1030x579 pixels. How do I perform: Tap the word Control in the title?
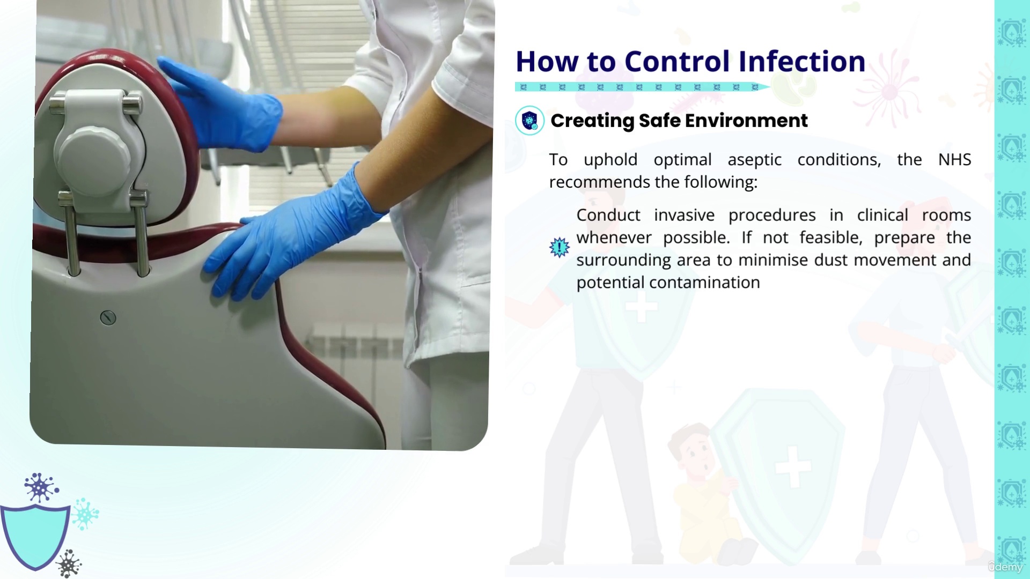(678, 61)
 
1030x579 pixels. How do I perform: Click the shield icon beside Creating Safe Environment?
(529, 121)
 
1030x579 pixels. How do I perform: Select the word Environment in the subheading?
(746, 121)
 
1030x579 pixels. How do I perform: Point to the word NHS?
(954, 159)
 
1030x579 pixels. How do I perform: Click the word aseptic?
(754, 160)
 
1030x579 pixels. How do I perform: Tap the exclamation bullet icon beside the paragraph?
(560, 248)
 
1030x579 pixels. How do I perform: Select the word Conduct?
(608, 215)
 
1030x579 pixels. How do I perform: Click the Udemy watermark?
(1005, 567)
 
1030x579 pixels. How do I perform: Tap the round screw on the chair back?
(108, 318)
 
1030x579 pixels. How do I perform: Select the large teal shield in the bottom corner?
(35, 536)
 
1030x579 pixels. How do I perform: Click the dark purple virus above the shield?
(40, 487)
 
